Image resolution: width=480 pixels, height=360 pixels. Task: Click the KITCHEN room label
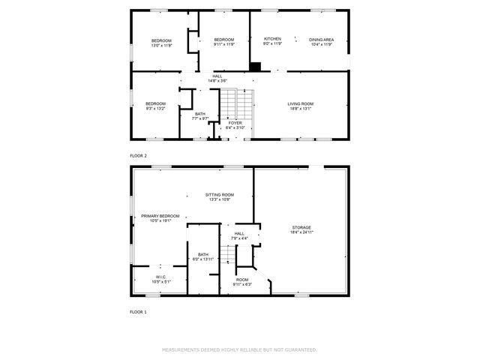272,38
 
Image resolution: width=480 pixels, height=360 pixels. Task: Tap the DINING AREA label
322,39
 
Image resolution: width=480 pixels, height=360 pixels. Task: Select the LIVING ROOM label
301,103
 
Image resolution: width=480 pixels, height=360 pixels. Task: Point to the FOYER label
236,122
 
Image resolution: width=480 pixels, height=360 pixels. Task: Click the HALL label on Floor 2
217,76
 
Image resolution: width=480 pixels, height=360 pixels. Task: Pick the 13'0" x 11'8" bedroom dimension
161,45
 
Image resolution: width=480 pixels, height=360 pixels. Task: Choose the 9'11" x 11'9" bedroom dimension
223,45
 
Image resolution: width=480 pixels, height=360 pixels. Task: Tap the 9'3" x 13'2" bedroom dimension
155,108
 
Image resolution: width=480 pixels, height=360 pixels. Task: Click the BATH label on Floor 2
199,113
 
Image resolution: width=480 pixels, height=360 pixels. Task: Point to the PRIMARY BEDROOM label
160,216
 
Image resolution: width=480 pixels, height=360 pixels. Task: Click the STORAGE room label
301,227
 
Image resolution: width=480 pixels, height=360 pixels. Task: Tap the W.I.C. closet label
160,277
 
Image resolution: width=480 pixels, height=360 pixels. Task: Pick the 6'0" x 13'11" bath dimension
203,259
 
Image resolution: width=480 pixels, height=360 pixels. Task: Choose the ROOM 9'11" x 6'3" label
241,281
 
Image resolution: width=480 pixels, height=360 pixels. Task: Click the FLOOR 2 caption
139,155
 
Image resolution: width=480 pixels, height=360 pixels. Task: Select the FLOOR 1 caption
139,311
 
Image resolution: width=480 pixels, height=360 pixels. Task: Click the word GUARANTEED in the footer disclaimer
299,350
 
